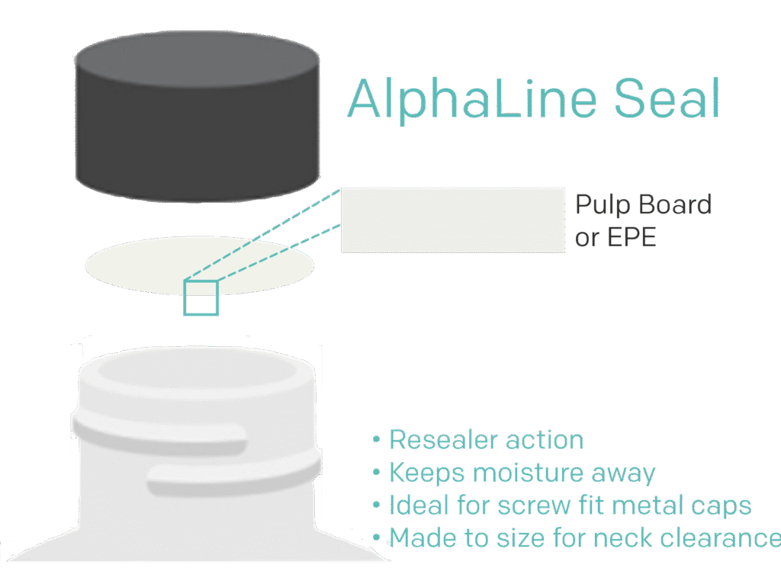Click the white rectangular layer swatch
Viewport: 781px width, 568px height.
[x=452, y=220]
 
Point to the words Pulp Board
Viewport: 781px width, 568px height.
[x=642, y=204]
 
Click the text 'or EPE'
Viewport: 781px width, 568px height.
[x=615, y=237]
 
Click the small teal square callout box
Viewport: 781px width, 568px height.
[x=201, y=297]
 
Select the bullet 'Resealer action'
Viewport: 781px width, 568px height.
[x=486, y=440]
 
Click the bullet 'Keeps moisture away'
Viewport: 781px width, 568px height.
[x=522, y=473]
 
